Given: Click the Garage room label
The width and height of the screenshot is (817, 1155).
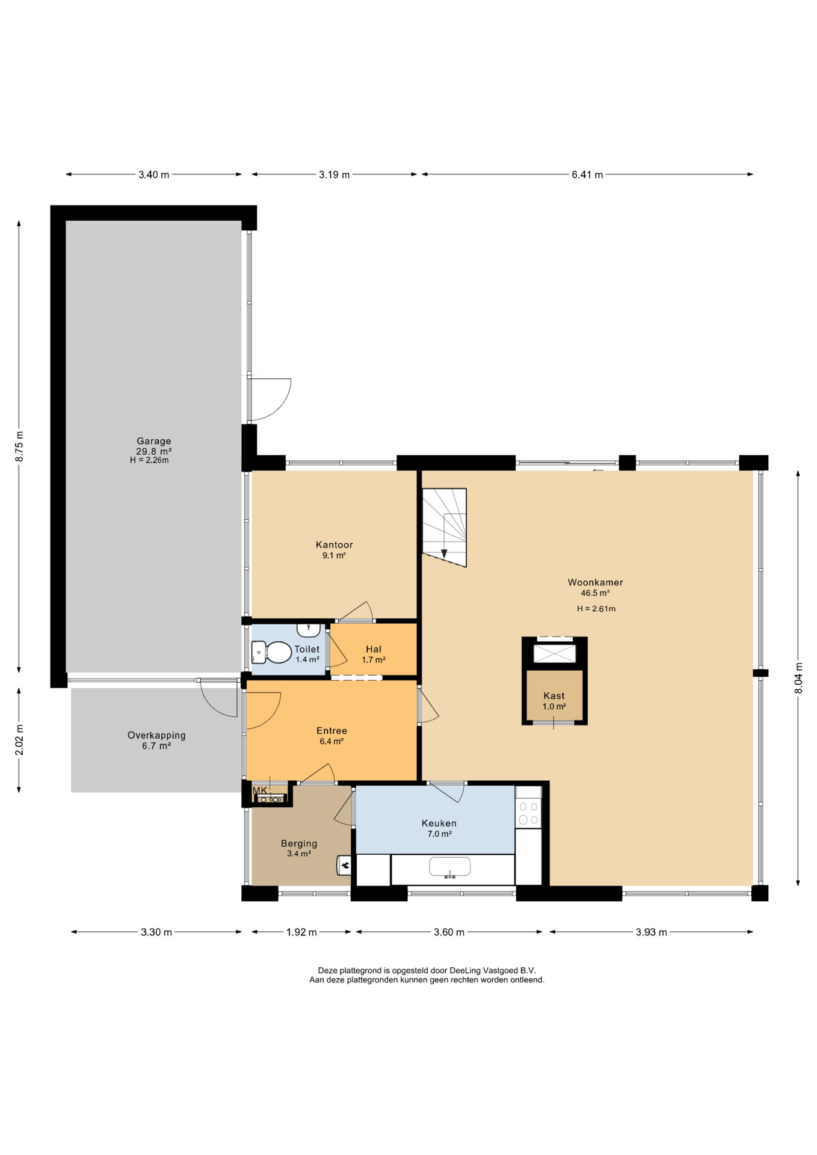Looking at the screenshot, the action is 154,441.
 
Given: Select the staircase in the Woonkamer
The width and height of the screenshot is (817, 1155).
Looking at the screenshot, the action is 444,528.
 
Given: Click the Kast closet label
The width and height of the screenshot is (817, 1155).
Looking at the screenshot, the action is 554,696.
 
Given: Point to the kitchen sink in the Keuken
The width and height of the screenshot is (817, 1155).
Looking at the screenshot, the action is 450,867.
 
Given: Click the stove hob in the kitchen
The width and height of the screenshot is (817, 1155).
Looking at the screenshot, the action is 528,813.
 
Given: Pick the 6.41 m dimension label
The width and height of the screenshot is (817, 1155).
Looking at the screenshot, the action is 587,174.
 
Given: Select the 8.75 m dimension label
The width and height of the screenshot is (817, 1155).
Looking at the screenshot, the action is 19,446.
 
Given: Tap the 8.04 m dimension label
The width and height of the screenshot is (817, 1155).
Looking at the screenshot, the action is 799,678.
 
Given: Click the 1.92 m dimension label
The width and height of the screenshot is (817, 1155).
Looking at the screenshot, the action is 301,932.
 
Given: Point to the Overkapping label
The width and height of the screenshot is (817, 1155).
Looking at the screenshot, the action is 156,735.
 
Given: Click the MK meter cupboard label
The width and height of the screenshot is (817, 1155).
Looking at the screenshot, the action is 260,790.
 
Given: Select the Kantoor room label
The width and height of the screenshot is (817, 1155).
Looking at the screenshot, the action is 335,545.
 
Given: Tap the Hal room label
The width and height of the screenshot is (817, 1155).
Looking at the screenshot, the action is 374,649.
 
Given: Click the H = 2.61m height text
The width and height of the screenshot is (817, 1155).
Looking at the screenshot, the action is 596,608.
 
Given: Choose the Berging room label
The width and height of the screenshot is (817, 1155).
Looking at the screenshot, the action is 299,843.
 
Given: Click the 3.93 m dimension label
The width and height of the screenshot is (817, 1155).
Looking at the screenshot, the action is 652,932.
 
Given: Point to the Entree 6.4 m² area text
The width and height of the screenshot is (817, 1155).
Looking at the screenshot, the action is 331,741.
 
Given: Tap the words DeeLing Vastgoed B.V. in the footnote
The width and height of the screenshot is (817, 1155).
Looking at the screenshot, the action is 493,970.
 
